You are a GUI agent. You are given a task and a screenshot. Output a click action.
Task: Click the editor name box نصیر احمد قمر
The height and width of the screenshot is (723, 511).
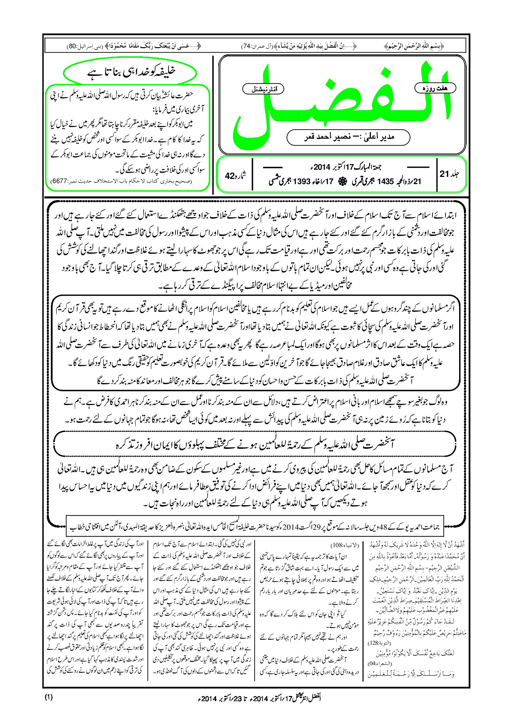click(x=348, y=137)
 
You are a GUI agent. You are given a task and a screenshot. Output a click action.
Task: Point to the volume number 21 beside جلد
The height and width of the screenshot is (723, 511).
click(x=444, y=174)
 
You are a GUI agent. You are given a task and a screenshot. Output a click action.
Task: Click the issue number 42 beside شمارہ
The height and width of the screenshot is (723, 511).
click(x=230, y=176)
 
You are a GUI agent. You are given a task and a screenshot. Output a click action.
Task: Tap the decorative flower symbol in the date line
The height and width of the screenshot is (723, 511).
click(x=340, y=181)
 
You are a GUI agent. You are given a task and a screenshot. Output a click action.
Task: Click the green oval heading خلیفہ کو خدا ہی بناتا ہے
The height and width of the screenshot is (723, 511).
click(x=130, y=72)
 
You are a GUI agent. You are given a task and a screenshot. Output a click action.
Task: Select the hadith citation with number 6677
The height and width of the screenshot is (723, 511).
click(x=121, y=181)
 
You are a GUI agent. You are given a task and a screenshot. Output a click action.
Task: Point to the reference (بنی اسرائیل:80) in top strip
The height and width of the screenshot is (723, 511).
click(x=78, y=46)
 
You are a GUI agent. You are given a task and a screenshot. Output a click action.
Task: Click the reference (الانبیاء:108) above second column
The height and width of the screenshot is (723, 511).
click(x=345, y=545)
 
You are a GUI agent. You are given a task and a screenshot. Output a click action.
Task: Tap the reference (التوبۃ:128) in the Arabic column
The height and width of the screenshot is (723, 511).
click(x=375, y=642)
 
